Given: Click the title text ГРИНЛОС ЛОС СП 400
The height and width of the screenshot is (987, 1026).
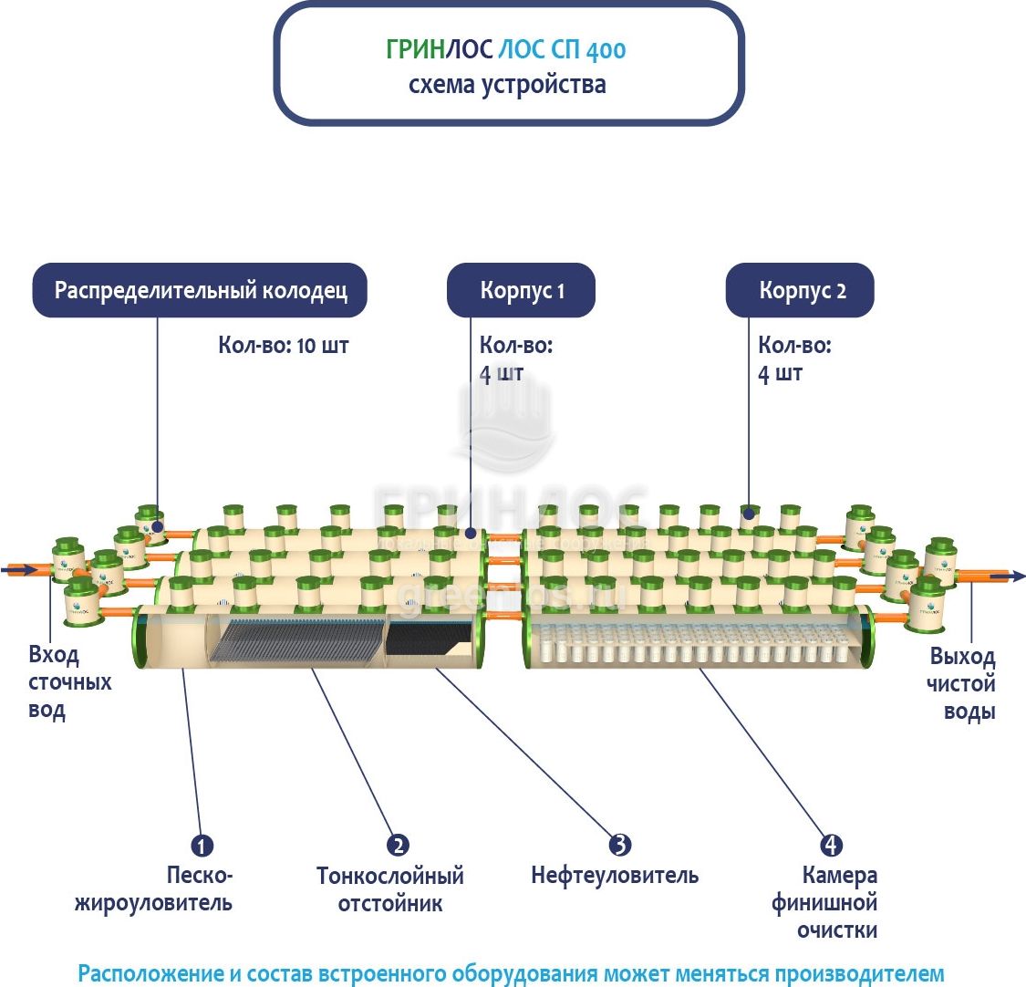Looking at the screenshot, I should [506, 49].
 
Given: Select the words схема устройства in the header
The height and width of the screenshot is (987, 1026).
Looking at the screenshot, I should [507, 85].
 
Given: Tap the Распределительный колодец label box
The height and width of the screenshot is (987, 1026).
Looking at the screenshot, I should [200, 291].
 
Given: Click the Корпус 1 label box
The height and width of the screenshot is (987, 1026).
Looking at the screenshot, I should [521, 291].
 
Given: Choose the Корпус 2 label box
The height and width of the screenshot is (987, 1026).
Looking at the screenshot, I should [800, 291].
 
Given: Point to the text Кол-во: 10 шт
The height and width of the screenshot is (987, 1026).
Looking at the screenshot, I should [283, 346].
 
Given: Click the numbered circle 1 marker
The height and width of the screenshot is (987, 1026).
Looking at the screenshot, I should [202, 846].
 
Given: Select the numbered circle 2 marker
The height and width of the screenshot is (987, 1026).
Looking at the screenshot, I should [397, 846].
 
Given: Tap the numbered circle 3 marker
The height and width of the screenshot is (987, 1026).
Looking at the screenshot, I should [619, 846].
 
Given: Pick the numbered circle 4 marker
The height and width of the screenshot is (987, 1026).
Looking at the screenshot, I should [831, 846].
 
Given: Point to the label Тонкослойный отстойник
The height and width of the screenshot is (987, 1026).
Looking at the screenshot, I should [389, 889].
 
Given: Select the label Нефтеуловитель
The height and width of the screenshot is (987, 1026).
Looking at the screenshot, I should [615, 876].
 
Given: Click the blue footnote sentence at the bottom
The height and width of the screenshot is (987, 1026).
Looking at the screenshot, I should [511, 972].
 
